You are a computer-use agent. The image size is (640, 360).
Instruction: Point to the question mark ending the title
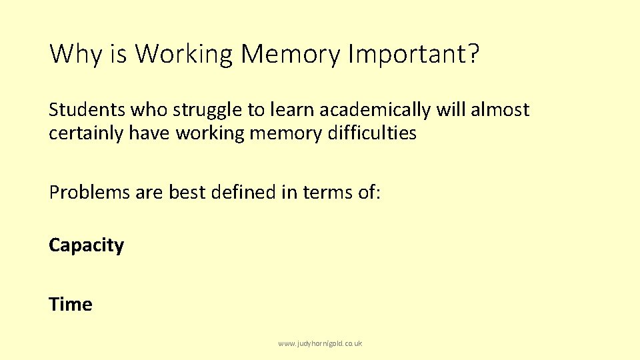click(x=472, y=54)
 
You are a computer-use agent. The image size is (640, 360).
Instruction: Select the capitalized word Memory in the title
click(x=290, y=54)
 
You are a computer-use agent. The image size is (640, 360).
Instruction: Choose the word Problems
click(x=89, y=192)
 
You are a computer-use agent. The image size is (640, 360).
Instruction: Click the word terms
click(x=329, y=192)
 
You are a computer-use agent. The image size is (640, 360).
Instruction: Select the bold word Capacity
click(x=86, y=246)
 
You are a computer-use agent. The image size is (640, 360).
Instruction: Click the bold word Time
click(x=71, y=305)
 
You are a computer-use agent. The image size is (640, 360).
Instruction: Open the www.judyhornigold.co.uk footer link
click(x=320, y=343)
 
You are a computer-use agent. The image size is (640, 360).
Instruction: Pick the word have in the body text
click(x=150, y=133)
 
